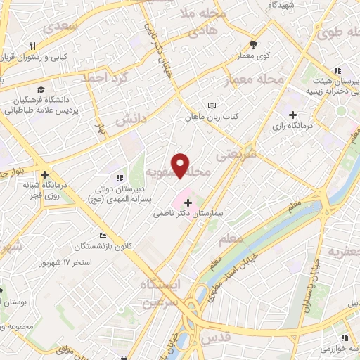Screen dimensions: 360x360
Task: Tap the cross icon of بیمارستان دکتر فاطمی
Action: coord(188,202)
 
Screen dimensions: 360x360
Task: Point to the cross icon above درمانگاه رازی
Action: coord(293,115)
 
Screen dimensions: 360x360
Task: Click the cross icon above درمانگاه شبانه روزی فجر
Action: coord(44,175)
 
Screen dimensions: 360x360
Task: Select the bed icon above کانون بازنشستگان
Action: coord(103,236)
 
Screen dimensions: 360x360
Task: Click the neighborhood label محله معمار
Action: coord(254,81)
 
